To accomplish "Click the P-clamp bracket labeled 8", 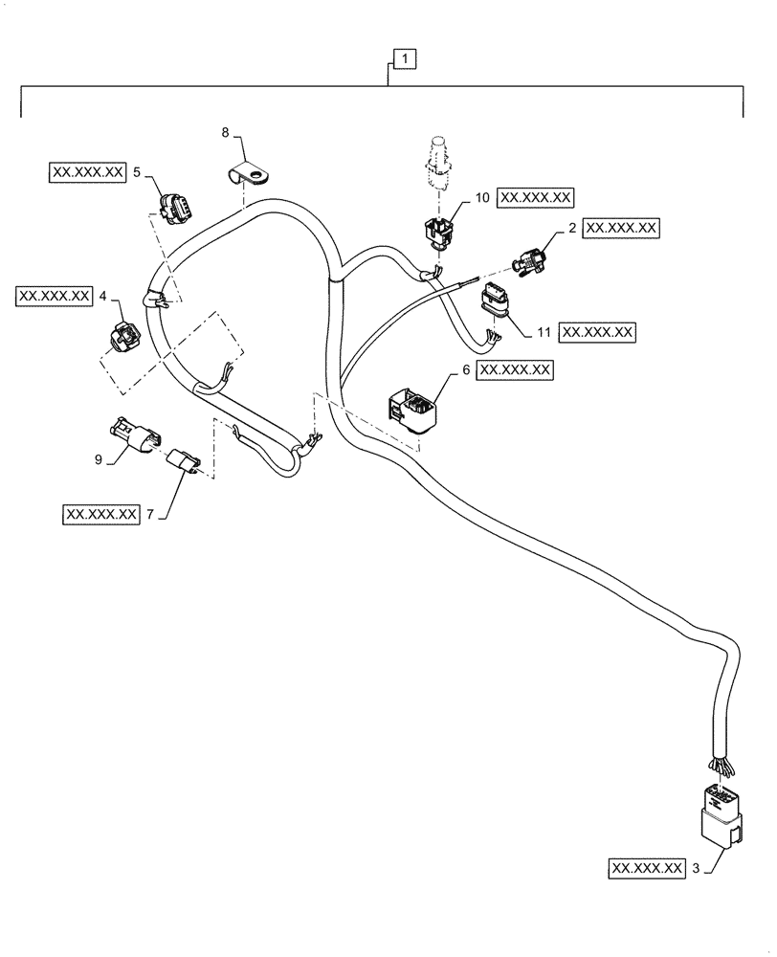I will click(253, 175).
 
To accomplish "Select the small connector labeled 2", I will click(529, 259).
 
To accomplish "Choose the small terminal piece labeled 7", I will click(185, 464).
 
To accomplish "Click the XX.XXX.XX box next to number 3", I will click(646, 869).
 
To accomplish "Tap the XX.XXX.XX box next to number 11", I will click(598, 332).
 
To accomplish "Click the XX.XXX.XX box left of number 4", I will click(55, 296).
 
